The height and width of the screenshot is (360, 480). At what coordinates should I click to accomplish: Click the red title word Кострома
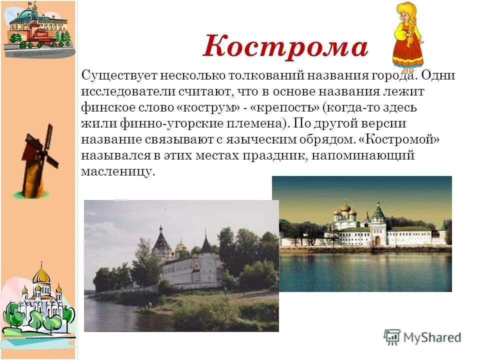[x=285, y=47]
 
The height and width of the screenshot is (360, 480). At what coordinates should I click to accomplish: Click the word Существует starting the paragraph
[x=119, y=75]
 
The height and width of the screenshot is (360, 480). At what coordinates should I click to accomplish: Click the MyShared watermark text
[x=432, y=337]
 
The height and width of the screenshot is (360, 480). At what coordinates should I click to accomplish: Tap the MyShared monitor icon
[x=392, y=337]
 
